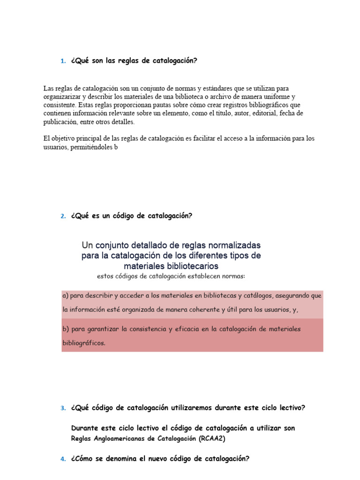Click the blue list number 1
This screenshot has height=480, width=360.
63,61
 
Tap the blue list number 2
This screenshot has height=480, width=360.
63,216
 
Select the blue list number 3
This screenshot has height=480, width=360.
63,408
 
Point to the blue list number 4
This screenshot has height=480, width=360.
63,459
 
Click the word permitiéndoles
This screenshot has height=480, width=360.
88,147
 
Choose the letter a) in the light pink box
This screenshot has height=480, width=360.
66,296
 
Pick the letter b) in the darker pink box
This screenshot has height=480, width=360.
66,329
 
